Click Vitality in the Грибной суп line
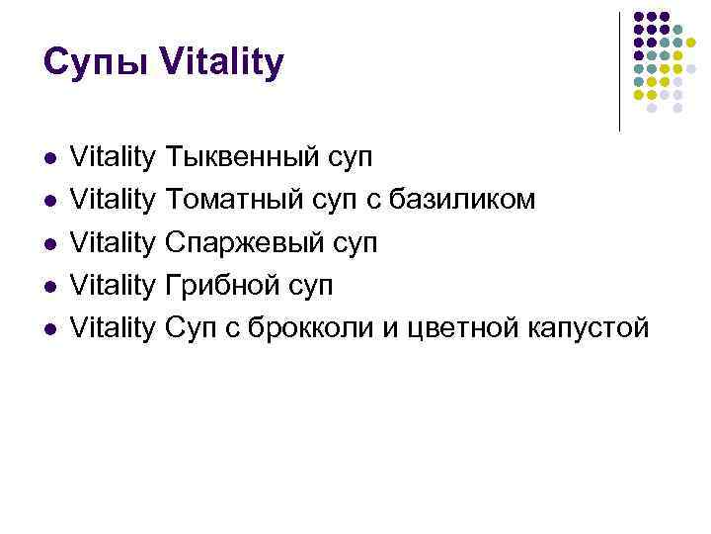point(115,285)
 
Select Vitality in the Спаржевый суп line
point(115,242)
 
